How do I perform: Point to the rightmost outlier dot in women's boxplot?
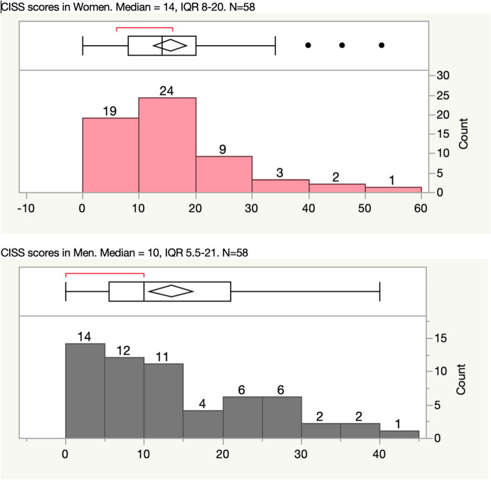pyautogui.click(x=381, y=45)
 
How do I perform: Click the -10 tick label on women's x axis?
pyautogui.click(x=26, y=206)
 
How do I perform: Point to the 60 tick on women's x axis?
pyautogui.click(x=421, y=206)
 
